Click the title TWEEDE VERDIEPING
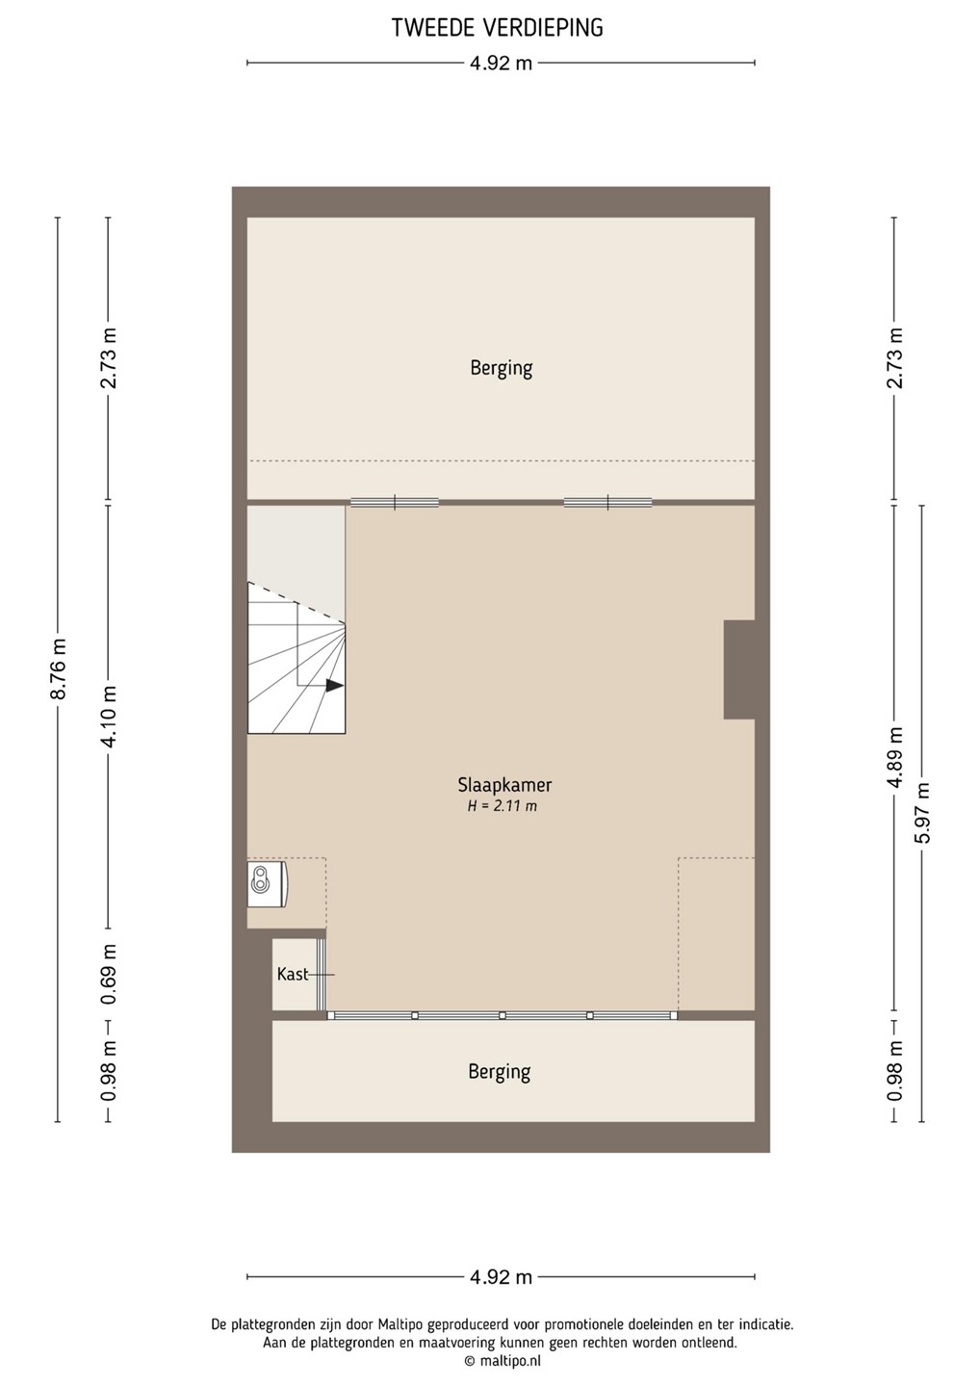coord(498,28)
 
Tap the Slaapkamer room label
coord(504,785)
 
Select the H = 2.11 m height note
coord(502,806)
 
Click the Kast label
coord(292,974)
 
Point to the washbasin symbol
coord(268,883)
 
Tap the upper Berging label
coord(502,368)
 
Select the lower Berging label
coord(500,1072)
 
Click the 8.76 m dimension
coord(58,668)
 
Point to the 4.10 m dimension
coord(109,717)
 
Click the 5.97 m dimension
coord(922,813)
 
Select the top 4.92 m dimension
coord(502,64)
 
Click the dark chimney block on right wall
coord(739,669)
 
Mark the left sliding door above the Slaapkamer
coord(395,502)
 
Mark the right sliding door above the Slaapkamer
coord(607,502)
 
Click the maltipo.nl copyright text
coord(503,1361)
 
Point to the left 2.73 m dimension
coord(109,358)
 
